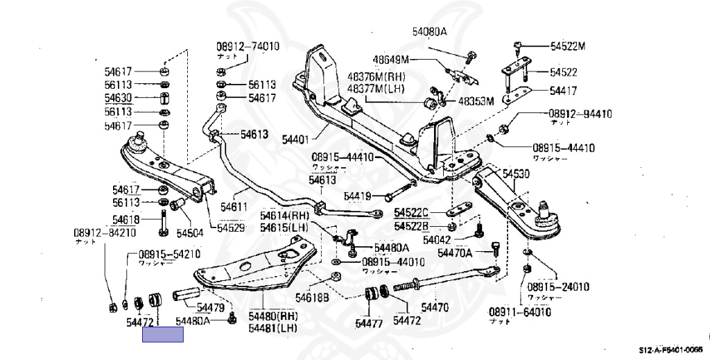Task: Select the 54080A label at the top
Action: click(x=431, y=32)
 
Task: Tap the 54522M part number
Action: click(x=569, y=46)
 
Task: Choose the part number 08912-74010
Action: click(x=248, y=46)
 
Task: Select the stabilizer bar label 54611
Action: click(x=234, y=206)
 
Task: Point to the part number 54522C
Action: click(x=412, y=212)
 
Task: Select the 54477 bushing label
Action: click(x=369, y=322)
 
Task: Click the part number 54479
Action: click(x=209, y=307)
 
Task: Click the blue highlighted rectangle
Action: click(x=163, y=335)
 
